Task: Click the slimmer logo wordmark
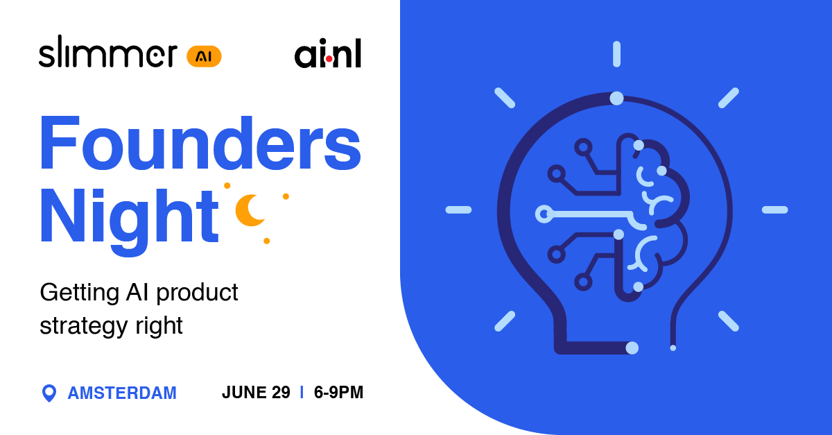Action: coord(107,54)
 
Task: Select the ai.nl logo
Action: coord(327,55)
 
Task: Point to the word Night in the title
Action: coord(129,212)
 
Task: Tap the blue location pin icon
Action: coord(49,393)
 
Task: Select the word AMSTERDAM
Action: coord(122,393)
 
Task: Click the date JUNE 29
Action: coord(256,393)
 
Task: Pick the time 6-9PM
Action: coord(338,393)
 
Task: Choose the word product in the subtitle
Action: coord(198,293)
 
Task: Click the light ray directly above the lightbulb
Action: coord(616,54)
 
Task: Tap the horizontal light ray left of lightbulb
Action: coord(458,210)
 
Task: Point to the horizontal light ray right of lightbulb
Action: coord(774,210)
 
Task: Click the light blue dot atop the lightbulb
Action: coord(616,99)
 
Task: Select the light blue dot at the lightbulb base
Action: coord(632,348)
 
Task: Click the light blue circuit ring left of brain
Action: coord(544,214)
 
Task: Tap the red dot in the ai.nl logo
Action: coord(329,60)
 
